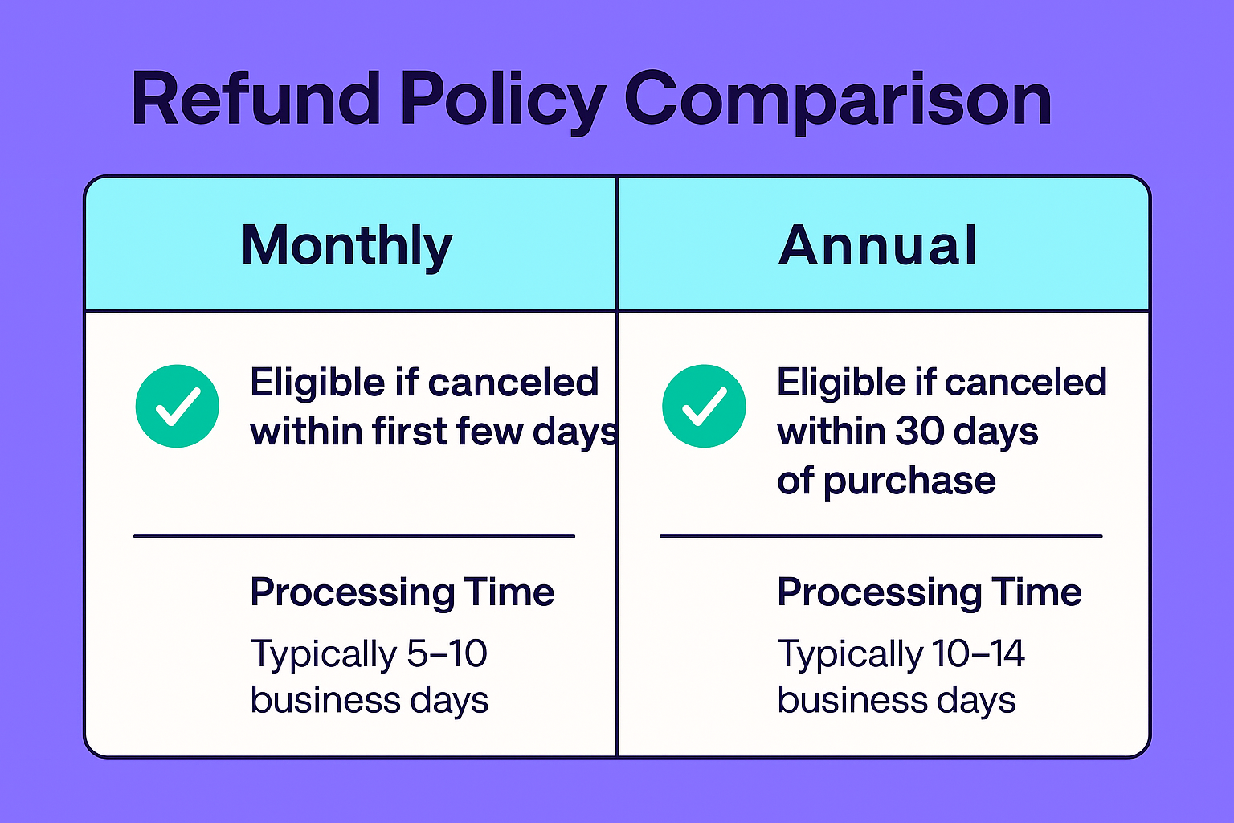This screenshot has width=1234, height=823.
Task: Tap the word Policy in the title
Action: point(503,103)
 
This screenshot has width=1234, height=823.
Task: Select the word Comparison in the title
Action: point(837,103)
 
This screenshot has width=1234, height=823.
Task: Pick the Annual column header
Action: point(877,245)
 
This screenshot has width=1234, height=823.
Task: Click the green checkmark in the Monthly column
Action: point(178,406)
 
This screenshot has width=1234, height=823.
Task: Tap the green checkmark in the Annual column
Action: point(704,406)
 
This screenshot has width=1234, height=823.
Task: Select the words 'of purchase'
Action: point(886,481)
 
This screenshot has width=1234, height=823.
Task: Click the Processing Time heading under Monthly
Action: point(402,593)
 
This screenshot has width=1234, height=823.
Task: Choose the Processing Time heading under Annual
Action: point(930,593)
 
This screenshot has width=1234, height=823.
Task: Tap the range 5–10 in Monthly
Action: point(447,653)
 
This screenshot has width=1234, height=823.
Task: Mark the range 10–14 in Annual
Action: point(979,653)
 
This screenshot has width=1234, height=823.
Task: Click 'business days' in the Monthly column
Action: point(369,700)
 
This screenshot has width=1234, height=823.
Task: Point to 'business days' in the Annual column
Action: point(897,700)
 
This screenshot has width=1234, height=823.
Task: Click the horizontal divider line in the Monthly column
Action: point(354,536)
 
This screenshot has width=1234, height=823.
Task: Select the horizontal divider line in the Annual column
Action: point(881,536)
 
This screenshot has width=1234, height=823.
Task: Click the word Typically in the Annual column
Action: point(850,655)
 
